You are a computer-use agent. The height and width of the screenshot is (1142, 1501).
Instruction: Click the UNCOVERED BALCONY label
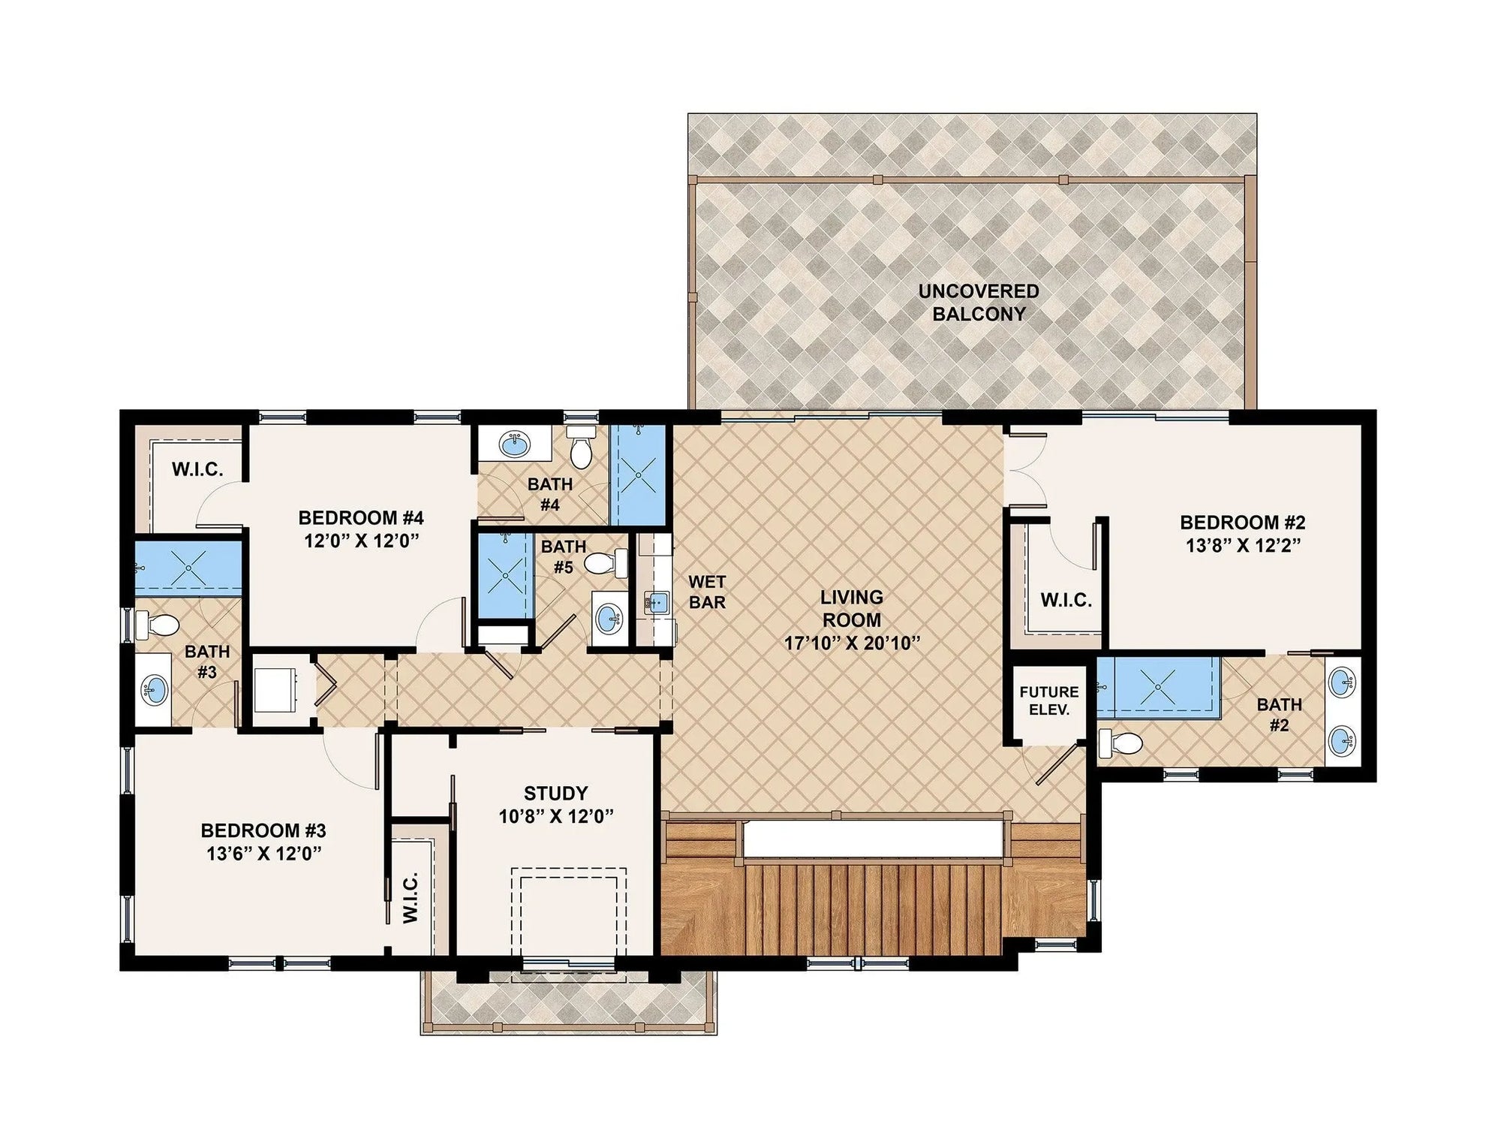coord(979,303)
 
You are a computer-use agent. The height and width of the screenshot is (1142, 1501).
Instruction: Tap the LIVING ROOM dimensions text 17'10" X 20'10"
coord(851,643)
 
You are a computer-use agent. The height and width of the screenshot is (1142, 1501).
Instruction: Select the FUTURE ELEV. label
coord(1048,700)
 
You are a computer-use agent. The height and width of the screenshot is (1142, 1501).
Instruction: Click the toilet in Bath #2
coord(1120,743)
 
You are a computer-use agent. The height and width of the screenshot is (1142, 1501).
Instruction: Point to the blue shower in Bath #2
coord(1157,685)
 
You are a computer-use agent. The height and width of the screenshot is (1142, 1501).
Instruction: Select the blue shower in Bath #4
coord(638,475)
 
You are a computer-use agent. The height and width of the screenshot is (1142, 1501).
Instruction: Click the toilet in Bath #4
coord(580,448)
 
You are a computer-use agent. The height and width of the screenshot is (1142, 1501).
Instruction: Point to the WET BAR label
coord(707,592)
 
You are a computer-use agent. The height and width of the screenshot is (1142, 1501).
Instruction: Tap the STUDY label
coord(555,793)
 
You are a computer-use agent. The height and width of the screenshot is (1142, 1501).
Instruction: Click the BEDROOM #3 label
coord(263,830)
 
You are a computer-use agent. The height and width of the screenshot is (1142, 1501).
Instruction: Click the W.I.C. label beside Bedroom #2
coord(1066,600)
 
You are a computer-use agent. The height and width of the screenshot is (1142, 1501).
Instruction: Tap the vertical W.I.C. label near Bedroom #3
coord(410,898)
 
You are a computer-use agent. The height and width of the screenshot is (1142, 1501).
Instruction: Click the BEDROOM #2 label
coord(1243,522)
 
